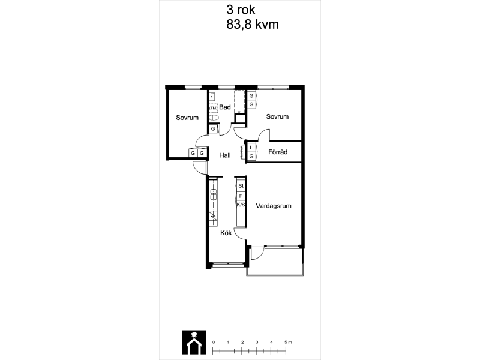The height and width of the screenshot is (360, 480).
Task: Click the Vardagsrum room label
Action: pyautogui.click(x=274, y=206)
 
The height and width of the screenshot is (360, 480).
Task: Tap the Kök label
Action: pyautogui.click(x=226, y=233)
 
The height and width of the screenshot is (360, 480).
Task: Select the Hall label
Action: pyautogui.click(x=225, y=155)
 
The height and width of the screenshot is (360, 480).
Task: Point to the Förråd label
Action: pyautogui.click(x=278, y=152)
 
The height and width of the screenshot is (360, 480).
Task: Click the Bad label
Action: pyautogui.click(x=225, y=107)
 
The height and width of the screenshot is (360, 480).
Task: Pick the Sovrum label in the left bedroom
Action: pyautogui.click(x=187, y=118)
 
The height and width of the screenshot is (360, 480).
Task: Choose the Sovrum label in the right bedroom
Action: pyautogui.click(x=277, y=116)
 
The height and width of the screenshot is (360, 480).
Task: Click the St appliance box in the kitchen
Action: pyautogui.click(x=241, y=186)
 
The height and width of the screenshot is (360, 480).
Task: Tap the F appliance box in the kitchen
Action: pyautogui.click(x=241, y=196)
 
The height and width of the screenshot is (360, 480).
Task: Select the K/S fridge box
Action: pyautogui.click(x=241, y=205)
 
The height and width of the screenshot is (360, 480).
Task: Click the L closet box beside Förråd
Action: pyautogui.click(x=251, y=148)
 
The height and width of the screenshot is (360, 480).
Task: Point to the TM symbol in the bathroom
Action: pyautogui.click(x=214, y=108)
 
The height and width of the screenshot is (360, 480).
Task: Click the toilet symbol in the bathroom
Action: pyautogui.click(x=214, y=118)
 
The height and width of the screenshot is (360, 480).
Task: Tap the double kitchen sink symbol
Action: pyautogui.click(x=214, y=194)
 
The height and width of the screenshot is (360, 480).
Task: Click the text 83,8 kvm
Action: pyautogui.click(x=253, y=25)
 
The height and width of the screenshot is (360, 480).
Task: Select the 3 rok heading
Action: pyautogui.click(x=241, y=10)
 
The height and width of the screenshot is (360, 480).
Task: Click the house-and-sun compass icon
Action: pyautogui.click(x=194, y=342)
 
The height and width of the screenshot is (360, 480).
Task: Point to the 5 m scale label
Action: pyautogui.click(x=288, y=342)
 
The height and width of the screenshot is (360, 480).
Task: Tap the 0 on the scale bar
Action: pyautogui.click(x=214, y=342)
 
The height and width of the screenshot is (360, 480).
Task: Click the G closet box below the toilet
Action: pyautogui.click(x=213, y=129)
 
